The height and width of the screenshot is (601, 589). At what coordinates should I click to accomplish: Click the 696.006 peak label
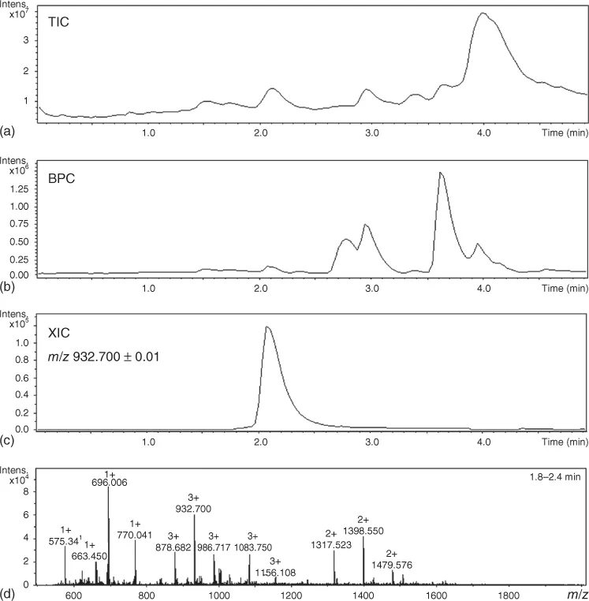tap(109, 482)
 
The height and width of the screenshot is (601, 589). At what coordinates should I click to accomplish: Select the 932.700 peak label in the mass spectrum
tap(194, 509)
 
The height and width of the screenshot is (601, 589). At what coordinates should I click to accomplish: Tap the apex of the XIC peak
tap(267, 327)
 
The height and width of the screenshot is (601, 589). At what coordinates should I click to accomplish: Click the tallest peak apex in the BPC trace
tap(441, 172)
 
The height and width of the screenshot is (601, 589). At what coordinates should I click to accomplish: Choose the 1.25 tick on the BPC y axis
tap(22, 190)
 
